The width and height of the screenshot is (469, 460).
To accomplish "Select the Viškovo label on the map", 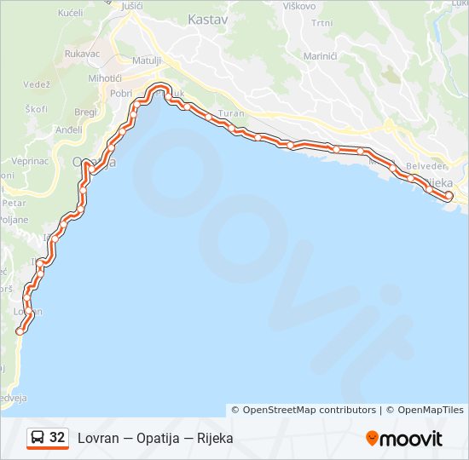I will (x=300, y=6).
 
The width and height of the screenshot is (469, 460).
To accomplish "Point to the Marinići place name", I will (x=321, y=55).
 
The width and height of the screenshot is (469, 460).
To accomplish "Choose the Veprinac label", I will (x=29, y=160).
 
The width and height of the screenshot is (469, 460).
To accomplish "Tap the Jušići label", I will (x=132, y=6).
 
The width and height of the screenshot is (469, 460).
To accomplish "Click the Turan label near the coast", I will (x=230, y=113).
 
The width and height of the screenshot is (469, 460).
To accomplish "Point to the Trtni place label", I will (x=321, y=24).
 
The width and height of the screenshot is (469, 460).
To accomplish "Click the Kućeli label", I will (x=70, y=14).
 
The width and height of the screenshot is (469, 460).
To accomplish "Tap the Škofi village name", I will (x=36, y=109).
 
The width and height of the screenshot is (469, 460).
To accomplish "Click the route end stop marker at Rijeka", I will (x=449, y=196).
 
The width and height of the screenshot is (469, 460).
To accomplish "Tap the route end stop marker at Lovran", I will (x=20, y=331).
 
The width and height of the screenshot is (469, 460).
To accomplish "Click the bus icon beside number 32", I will (x=38, y=438).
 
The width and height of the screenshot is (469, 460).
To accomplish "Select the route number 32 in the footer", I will (x=57, y=438).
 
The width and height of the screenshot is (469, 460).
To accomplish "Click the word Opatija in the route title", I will (x=157, y=439).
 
